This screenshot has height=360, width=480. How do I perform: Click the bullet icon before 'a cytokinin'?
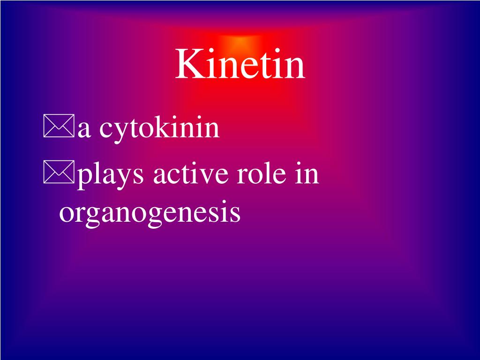(x=59, y=128)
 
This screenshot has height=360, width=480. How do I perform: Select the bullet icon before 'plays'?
(x=59, y=174)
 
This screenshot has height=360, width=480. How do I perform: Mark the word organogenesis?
(x=150, y=214)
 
